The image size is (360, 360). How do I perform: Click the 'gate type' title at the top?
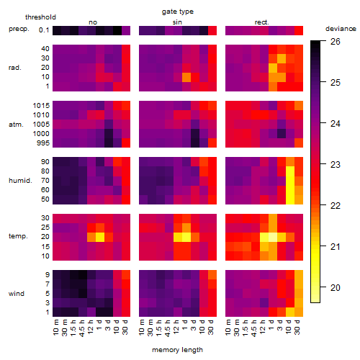[178, 12]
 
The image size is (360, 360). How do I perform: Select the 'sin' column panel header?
[177, 22]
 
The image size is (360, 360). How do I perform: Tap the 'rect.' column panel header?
[261, 22]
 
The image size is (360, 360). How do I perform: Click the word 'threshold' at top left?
[40, 17]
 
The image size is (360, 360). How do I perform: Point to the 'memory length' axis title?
[177, 350]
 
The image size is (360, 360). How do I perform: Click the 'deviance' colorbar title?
[341, 29]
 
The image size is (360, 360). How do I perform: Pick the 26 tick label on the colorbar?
[336, 42]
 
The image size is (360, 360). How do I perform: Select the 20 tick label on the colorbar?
[336, 287]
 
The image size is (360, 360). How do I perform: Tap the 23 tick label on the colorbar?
[336, 165]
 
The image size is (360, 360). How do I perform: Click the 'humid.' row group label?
[20, 181]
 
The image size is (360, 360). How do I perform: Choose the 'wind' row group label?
[17, 294]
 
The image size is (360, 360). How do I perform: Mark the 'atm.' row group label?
[16, 125]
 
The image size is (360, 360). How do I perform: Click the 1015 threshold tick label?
[41, 105]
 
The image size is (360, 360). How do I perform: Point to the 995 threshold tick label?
[43, 143]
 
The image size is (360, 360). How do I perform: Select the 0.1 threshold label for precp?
[44, 30]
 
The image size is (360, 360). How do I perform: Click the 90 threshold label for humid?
[45, 162]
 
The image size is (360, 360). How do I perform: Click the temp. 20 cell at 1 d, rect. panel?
[273, 237]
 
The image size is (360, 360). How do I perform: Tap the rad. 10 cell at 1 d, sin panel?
[186, 77]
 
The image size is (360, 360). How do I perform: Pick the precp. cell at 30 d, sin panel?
[212, 30]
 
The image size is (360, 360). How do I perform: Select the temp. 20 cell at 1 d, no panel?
[100, 237]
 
